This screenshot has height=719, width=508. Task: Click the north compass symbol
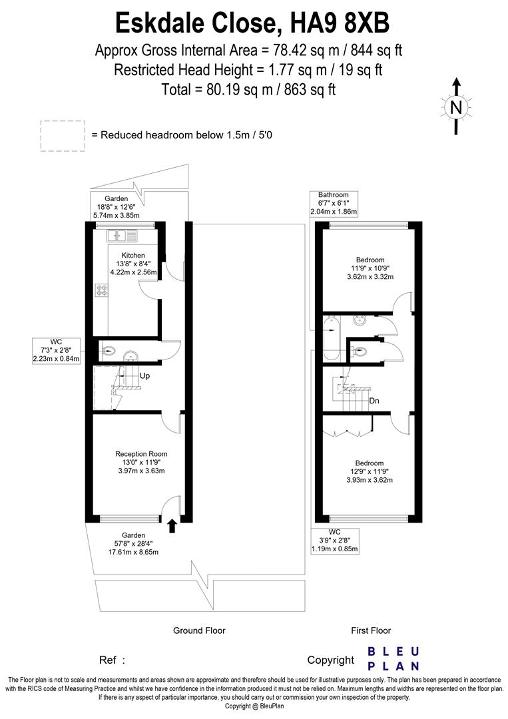tap(456, 106)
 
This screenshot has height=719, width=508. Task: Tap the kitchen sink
tap(123, 235)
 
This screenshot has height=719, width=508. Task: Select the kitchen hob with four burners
tap(103, 290)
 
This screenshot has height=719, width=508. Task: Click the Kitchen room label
tap(133, 255)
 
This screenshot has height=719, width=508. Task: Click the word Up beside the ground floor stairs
tap(144, 376)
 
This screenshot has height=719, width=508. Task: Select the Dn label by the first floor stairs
tap(374, 401)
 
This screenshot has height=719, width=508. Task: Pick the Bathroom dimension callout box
tap(334, 203)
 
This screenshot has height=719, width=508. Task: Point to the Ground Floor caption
tap(199, 630)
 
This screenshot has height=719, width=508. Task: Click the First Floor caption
tap(371, 630)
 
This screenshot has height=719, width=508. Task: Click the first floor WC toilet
tap(360, 352)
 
